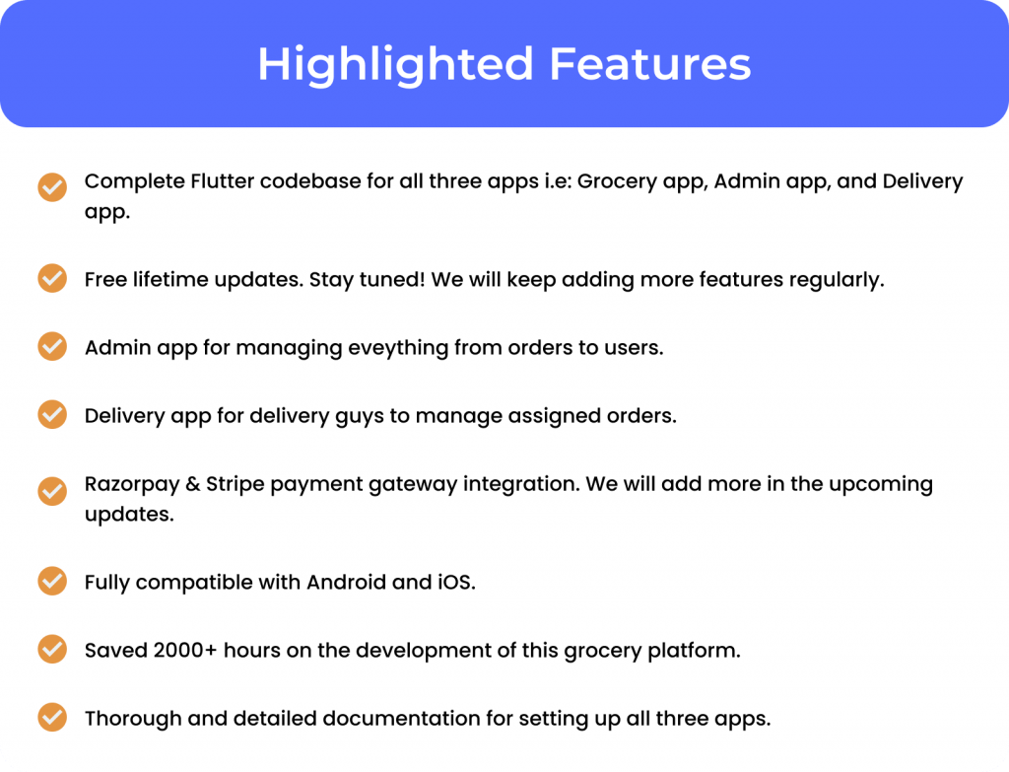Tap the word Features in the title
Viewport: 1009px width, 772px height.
650,63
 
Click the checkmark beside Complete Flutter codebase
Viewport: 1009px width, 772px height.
52,187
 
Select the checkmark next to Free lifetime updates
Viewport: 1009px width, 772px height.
52,278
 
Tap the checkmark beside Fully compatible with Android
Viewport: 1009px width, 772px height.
52,581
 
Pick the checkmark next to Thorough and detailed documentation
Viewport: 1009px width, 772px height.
52,717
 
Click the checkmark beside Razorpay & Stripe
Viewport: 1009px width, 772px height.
52,491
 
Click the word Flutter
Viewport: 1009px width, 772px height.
222,181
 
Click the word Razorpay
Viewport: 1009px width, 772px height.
132,485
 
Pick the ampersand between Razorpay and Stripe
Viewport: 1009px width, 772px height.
192,484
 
